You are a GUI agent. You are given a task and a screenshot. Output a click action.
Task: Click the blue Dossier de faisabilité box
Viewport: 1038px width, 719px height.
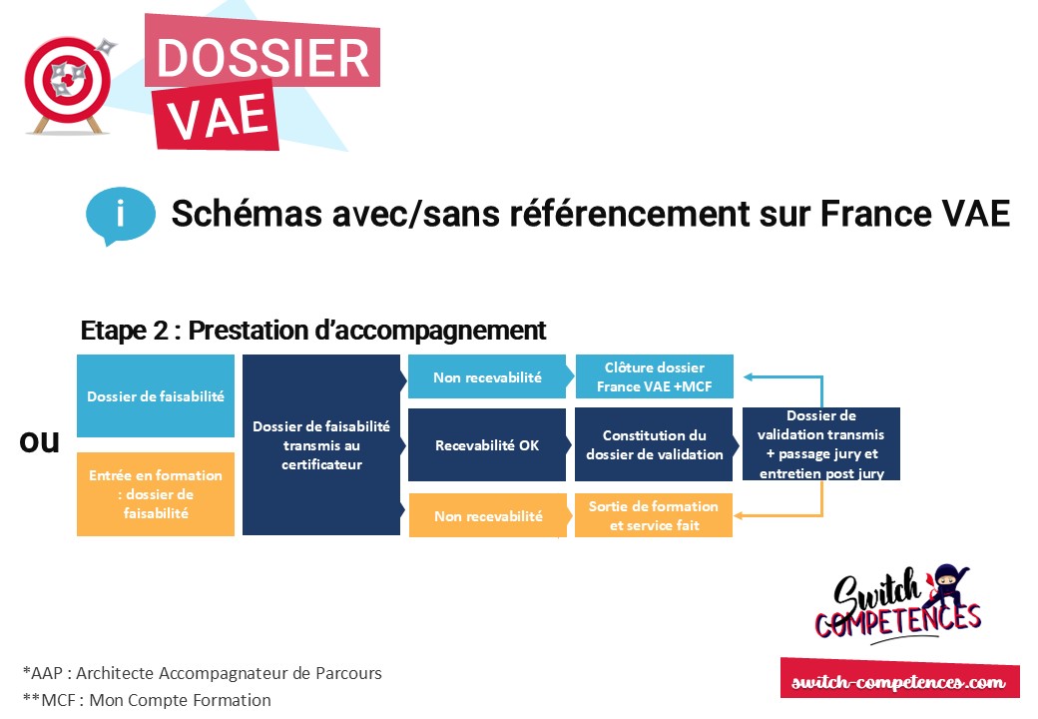[156, 395]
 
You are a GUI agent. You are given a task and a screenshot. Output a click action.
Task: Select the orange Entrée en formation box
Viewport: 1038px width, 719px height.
[156, 494]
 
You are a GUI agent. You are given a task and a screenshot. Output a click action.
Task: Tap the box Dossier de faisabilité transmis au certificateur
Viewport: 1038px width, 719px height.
[321, 444]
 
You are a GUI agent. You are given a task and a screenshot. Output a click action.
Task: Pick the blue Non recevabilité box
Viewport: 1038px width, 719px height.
[487, 377]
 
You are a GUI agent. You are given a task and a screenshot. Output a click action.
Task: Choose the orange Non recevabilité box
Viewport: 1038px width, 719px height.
[487, 516]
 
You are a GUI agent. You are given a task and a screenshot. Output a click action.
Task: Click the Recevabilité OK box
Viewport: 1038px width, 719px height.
[487, 444]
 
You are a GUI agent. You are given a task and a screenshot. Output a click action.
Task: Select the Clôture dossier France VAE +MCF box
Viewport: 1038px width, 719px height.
[654, 377]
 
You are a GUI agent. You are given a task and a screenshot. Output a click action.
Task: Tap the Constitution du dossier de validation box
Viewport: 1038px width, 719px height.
[654, 444]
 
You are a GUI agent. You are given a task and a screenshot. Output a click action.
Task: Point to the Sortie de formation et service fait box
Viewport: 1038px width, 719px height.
[654, 515]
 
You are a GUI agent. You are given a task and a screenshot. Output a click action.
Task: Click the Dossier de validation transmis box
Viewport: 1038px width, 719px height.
[820, 443]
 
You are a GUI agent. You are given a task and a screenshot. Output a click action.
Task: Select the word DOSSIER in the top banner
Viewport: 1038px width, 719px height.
[262, 59]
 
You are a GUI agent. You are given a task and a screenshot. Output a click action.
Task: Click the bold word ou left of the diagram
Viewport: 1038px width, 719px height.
[40, 441]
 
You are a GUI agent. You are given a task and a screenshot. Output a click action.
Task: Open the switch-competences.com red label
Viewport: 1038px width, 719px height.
[898, 682]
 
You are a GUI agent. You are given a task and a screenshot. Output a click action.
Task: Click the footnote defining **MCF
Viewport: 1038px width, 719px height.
[147, 700]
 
